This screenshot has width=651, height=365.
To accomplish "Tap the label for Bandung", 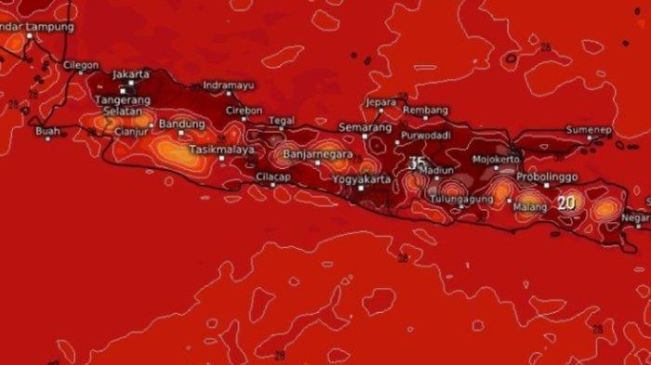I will point(181,124).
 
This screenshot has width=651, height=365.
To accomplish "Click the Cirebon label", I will point(244,110).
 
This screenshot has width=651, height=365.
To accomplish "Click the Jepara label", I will point(381,101).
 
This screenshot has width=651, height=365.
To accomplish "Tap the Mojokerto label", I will point(497,159).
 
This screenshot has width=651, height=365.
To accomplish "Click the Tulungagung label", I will point(460,199).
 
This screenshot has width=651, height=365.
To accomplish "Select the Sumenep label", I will point(590,130).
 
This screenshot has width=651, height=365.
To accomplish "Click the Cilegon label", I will point(82,66).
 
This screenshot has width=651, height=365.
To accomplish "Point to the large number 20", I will point(566,202).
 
